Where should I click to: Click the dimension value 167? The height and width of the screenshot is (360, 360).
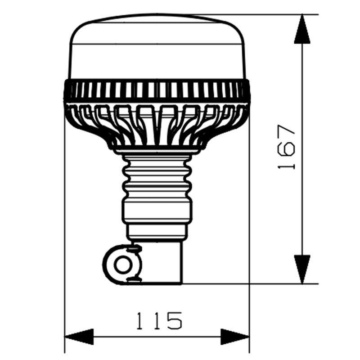coord(286,147)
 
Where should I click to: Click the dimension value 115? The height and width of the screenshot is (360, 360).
coord(159,320)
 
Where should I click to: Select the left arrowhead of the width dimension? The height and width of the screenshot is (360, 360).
coord(79,337)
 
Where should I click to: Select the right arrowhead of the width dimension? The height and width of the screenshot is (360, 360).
coord(234,337)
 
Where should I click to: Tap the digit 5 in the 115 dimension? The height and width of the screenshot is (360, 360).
coord(174,320)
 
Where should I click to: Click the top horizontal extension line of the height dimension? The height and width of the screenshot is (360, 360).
coord(261,14)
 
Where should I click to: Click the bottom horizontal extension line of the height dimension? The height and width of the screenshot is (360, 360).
coord(252,284)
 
